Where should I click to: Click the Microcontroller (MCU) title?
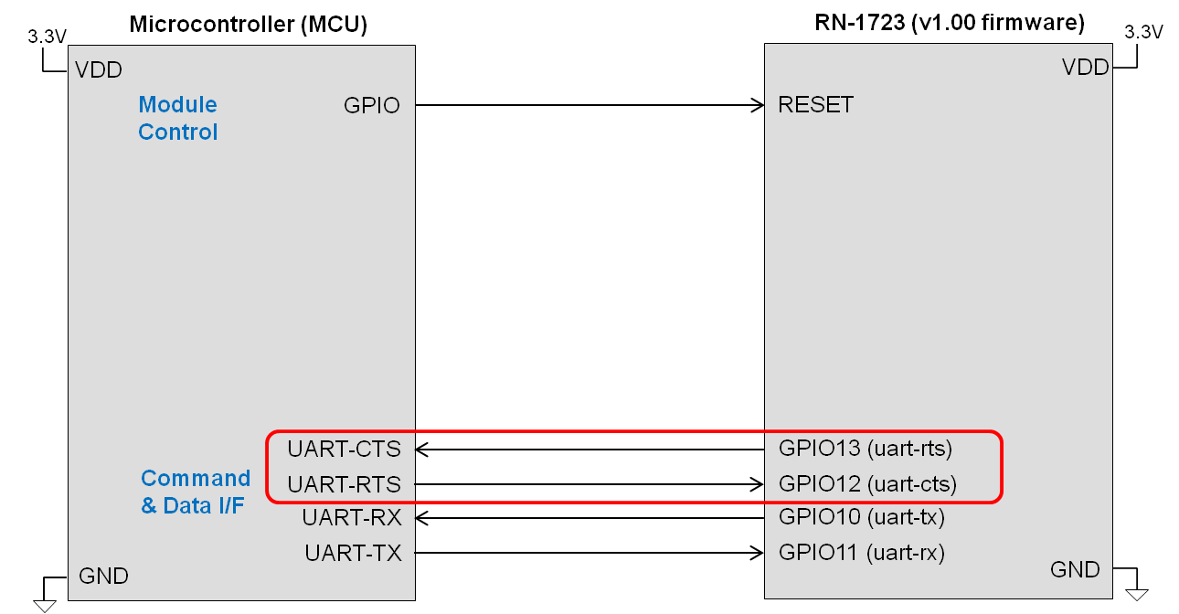point(248,25)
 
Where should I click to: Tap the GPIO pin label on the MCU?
point(371,105)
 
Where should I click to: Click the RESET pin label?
point(815,105)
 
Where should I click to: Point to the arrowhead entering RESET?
point(758,105)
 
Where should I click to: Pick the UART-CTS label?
point(344,450)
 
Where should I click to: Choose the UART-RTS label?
point(344,484)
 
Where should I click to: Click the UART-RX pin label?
point(352,518)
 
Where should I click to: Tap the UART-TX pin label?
point(352,553)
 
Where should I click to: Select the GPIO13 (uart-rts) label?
point(865,449)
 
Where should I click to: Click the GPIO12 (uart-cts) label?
point(866,483)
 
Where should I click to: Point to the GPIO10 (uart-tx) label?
point(861,517)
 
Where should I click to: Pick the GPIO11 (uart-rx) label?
point(861,552)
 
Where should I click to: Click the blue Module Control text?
point(177,119)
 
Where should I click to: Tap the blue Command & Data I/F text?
point(195,492)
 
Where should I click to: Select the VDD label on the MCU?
point(98,70)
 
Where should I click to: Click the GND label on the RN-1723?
point(1075,570)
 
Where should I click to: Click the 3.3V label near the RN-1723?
point(1142,32)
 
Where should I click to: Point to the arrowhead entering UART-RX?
point(421,518)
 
